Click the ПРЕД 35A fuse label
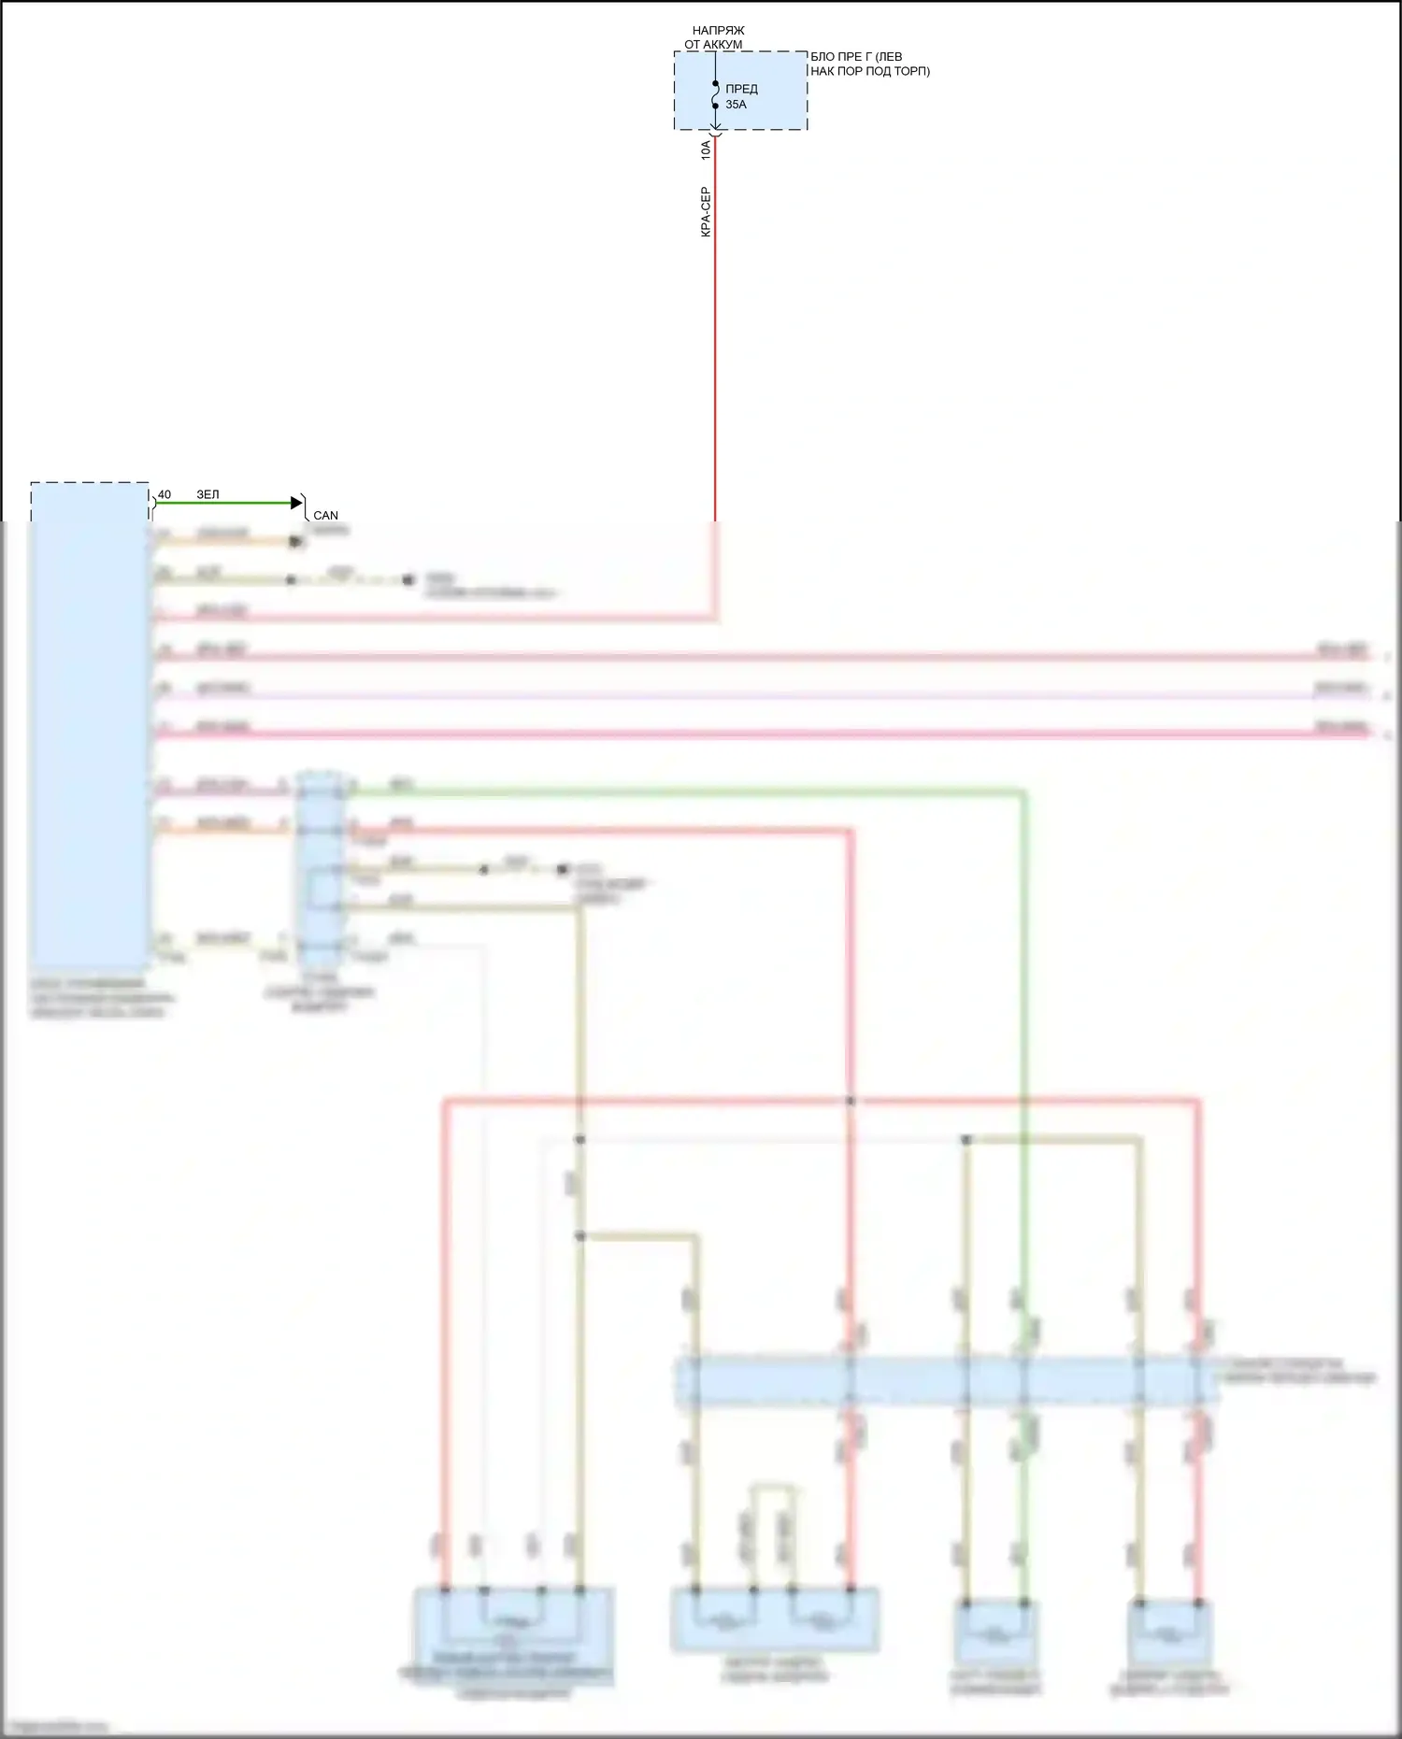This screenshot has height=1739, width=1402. tap(740, 96)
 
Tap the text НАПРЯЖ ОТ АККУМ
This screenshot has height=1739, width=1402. tap(715, 37)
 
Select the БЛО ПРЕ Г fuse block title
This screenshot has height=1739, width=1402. tap(869, 64)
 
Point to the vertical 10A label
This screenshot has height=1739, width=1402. tap(706, 150)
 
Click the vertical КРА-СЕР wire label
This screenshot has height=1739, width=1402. tap(706, 211)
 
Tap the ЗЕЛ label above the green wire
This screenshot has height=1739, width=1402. tap(207, 494)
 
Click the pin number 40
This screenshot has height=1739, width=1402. tap(165, 494)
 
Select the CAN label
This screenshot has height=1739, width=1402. tap(325, 515)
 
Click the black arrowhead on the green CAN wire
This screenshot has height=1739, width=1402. tap(297, 503)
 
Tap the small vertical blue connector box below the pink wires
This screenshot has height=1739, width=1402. tap(320, 869)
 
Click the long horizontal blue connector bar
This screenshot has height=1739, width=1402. tap(944, 1381)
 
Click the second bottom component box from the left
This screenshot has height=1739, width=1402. tap(774, 1619)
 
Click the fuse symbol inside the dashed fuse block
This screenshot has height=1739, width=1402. tap(715, 94)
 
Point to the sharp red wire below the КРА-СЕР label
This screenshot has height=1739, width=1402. tap(715, 374)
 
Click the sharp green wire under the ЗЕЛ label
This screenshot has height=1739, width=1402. tap(224, 503)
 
